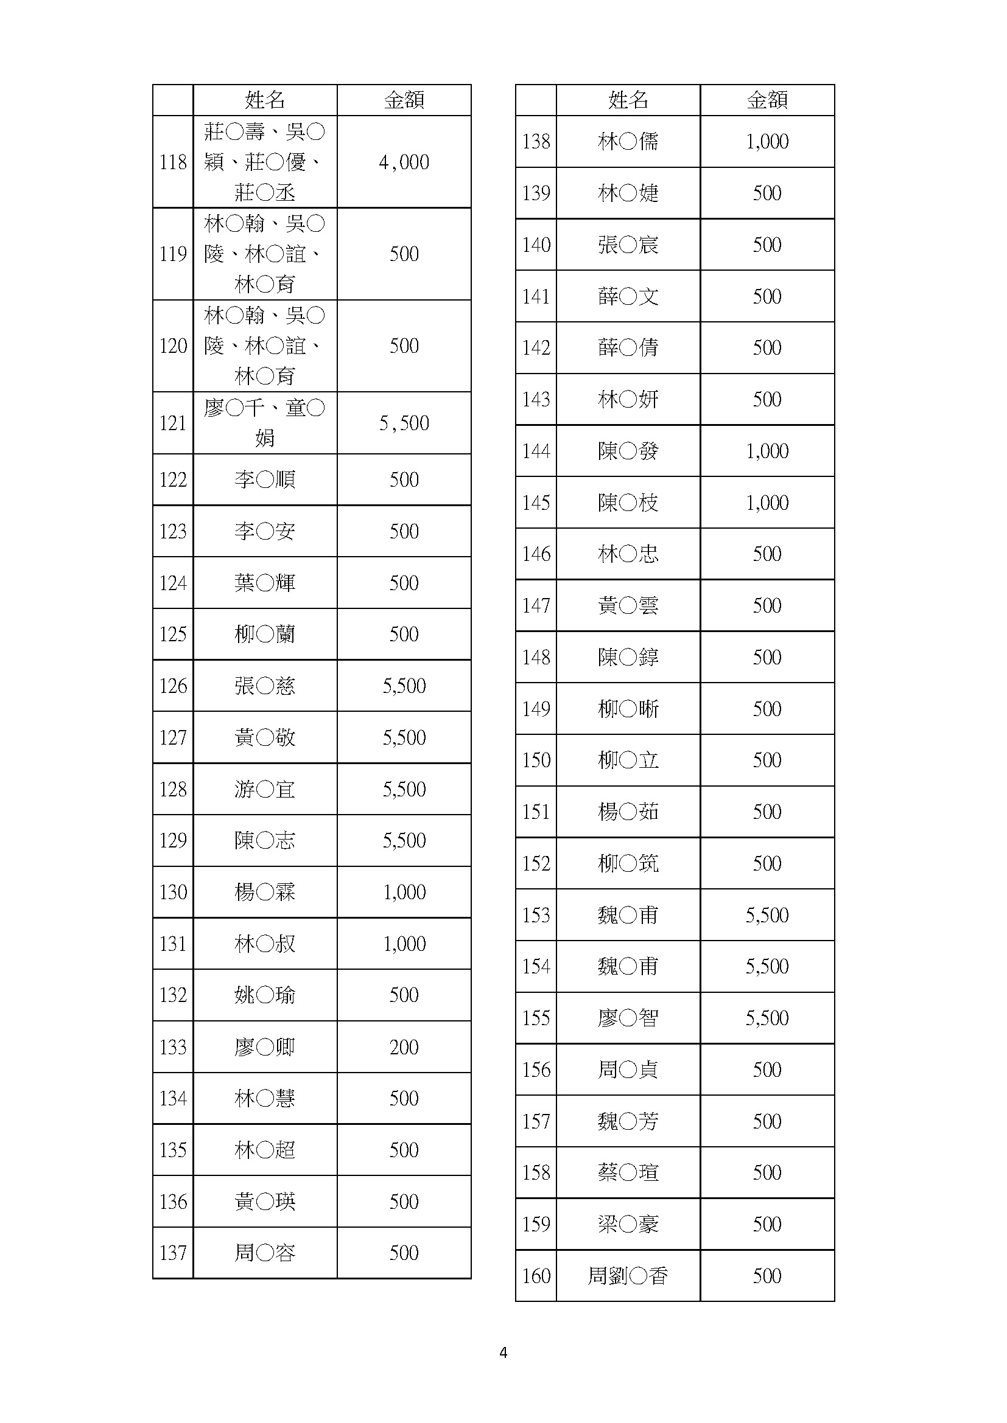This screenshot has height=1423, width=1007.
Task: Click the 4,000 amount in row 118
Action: [404, 162]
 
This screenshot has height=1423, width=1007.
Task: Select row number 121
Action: [172, 423]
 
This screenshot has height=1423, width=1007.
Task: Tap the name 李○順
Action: [265, 479]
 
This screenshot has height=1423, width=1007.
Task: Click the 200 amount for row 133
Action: [404, 1048]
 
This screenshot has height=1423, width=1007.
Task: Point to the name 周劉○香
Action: [628, 1276]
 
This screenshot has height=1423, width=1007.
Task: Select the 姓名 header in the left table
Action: [265, 100]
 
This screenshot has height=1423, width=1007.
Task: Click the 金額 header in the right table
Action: [767, 100]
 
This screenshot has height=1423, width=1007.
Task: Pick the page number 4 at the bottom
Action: [503, 1353]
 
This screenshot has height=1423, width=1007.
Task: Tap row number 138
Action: [536, 142]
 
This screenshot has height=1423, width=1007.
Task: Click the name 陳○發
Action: [628, 451]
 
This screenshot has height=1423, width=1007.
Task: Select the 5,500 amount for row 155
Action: [767, 1018]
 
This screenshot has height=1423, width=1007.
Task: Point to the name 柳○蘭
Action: [265, 635]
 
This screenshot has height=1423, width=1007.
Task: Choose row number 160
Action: [536, 1276]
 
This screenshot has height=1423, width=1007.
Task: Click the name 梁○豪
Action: [628, 1225]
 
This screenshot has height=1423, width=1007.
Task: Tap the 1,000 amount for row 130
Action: [404, 892]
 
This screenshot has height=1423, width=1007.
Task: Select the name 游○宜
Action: [265, 790]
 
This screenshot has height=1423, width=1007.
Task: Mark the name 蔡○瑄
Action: [628, 1172]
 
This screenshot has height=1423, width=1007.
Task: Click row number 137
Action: [172, 1253]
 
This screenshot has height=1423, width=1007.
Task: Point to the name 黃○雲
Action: [628, 605]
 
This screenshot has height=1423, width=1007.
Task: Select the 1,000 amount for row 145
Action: [767, 503]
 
